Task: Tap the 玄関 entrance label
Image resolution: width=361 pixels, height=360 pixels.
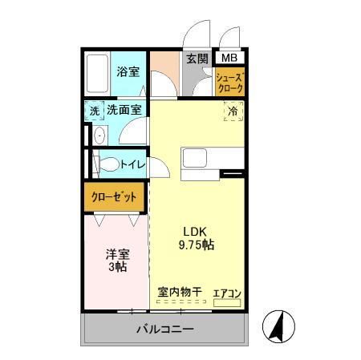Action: click(197, 59)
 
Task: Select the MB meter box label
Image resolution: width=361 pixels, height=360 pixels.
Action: click(229, 58)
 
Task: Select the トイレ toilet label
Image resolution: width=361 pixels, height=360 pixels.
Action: click(132, 164)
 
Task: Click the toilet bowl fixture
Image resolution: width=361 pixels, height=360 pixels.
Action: click(104, 165)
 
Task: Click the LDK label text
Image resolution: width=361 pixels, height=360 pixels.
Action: click(196, 227)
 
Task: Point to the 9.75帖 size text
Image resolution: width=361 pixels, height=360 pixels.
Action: click(196, 243)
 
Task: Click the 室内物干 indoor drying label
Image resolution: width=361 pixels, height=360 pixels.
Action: click(180, 292)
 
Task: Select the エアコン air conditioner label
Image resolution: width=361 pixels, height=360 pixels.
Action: click(228, 292)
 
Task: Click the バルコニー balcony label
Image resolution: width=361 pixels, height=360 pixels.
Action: click(164, 329)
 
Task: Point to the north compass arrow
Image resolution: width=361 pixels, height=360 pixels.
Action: click(279, 325)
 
